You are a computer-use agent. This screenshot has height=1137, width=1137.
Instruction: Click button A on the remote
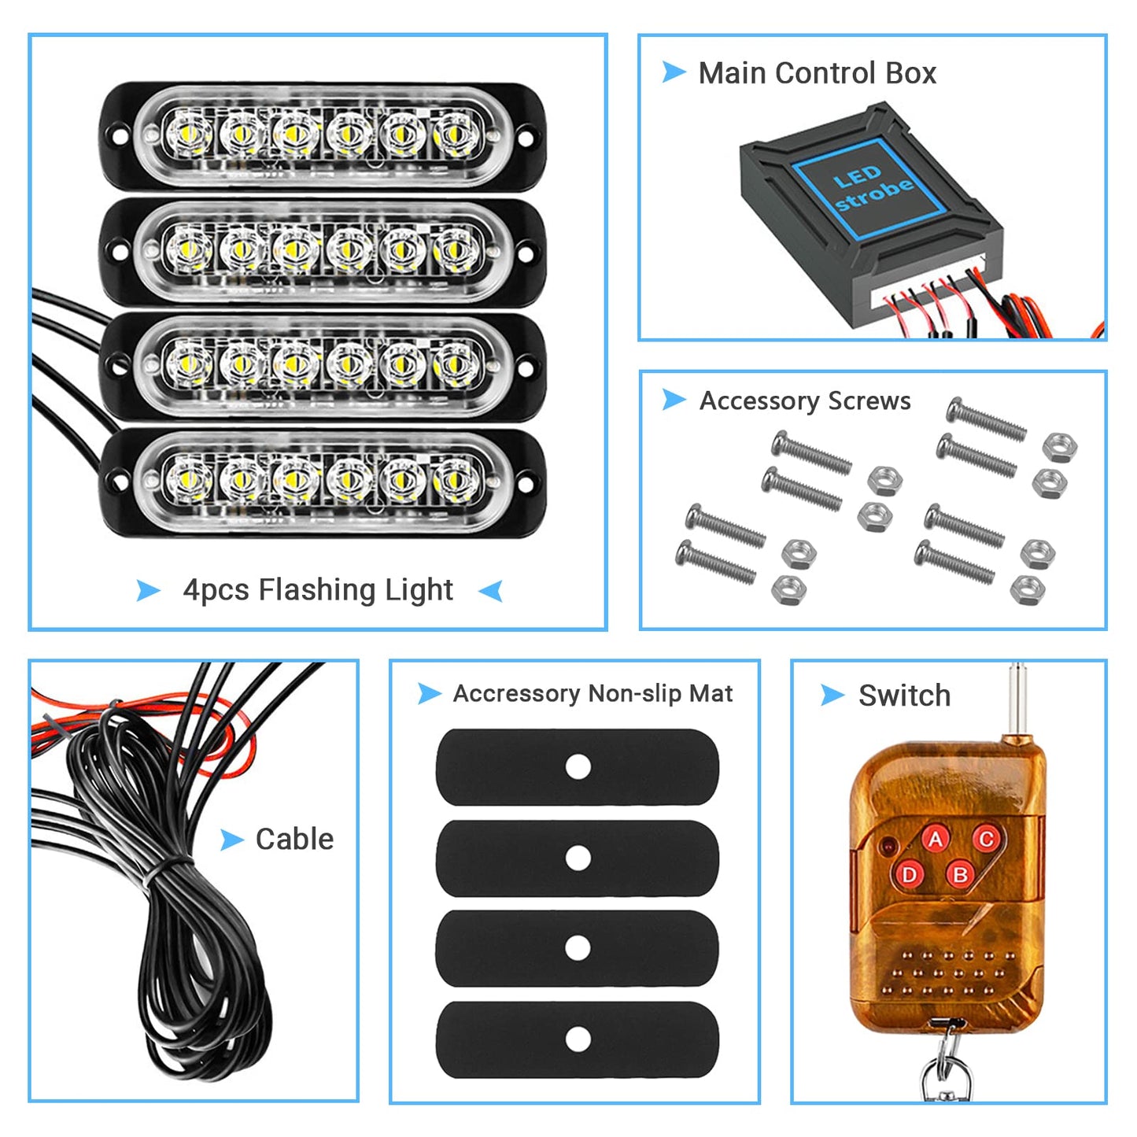coord(936,840)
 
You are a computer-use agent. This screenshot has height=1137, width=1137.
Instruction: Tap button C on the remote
coord(986,839)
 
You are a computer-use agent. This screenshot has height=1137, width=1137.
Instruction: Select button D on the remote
coord(909,874)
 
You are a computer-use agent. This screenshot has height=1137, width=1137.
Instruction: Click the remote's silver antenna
coord(1017,700)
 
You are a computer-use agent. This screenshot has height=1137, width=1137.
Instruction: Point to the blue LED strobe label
coord(870,189)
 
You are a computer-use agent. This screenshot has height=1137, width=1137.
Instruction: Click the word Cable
coord(294,840)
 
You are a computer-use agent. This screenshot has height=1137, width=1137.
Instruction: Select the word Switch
coord(904,696)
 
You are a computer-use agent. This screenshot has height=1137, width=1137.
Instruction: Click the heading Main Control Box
coord(817,73)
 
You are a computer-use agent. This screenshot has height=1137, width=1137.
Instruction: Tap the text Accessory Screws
coord(805,401)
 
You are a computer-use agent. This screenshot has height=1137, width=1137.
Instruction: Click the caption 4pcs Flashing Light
coord(318,589)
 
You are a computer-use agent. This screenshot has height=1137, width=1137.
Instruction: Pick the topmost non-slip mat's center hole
coord(578,766)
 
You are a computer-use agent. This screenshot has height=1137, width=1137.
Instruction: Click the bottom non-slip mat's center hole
coord(578,1039)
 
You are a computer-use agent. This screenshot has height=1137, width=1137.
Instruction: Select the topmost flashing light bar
coord(323,135)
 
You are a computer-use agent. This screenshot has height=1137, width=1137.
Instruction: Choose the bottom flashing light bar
coord(323,482)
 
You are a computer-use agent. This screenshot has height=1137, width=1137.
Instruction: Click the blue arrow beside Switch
coord(832,695)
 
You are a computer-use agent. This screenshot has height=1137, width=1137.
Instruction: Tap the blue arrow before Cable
coord(231,840)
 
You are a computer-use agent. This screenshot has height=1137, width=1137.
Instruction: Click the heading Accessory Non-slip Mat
coord(592,693)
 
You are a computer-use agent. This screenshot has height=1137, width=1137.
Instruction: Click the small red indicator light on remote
coord(888,847)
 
